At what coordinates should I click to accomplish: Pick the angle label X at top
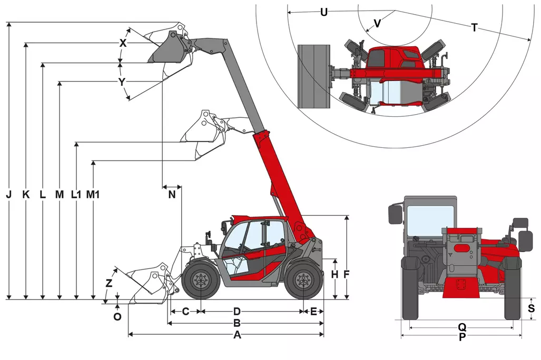point(123,44)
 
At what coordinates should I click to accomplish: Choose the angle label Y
point(122,82)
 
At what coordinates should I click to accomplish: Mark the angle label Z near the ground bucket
point(109,283)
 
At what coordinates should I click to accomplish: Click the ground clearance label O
point(117,317)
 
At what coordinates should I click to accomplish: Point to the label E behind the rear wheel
point(313,311)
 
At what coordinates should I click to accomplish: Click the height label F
point(346,274)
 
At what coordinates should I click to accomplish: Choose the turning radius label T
point(474,28)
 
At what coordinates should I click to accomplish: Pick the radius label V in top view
point(377,23)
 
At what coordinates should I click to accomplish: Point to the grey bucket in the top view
point(314,76)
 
